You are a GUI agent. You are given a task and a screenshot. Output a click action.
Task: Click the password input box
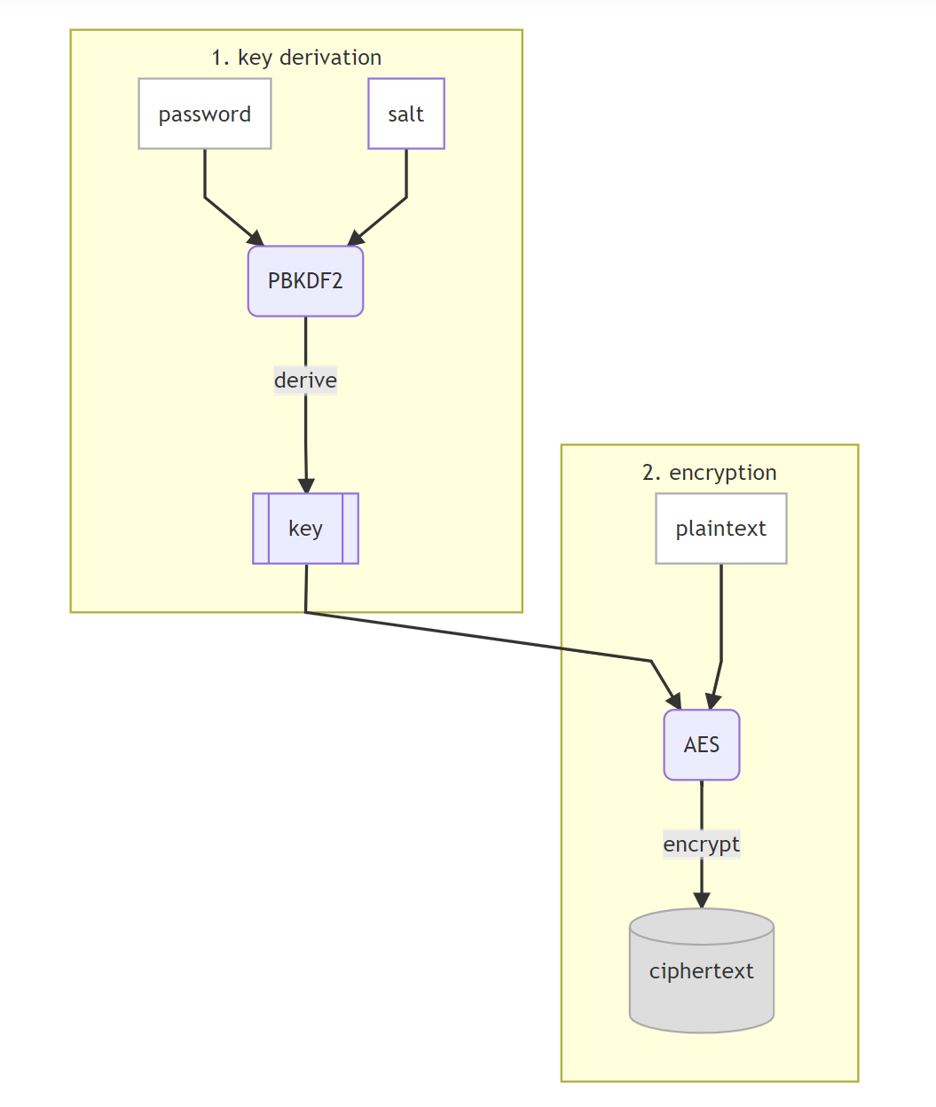coord(205,114)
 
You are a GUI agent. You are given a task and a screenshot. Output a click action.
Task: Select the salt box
coord(406,114)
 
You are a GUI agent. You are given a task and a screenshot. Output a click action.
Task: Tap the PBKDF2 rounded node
coord(305,281)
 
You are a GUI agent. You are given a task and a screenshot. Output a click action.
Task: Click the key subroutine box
coord(305,529)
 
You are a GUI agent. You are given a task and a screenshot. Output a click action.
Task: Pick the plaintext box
coord(721,529)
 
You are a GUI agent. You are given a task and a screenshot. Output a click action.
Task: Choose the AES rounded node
coord(702,745)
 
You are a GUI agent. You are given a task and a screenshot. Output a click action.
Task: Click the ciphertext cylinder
coord(702,980)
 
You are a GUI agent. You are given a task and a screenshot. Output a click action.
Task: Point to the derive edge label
coord(305,381)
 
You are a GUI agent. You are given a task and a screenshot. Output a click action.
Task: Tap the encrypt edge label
coord(702,844)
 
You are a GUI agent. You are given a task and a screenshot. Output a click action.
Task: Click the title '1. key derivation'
coord(296,58)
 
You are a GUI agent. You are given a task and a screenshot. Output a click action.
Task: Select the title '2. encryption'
coord(710,473)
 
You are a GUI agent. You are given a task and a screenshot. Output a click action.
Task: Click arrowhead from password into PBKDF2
coord(256,239)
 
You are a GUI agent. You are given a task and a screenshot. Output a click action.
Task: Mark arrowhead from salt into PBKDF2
coord(355,239)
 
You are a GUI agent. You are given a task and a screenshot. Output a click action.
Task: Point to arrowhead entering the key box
coord(306,486)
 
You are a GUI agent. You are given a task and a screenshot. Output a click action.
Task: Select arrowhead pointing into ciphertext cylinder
coord(702,900)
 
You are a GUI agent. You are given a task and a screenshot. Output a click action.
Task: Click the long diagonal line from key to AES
coord(479,637)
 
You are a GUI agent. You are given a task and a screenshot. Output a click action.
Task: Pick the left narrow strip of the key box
coord(261,529)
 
